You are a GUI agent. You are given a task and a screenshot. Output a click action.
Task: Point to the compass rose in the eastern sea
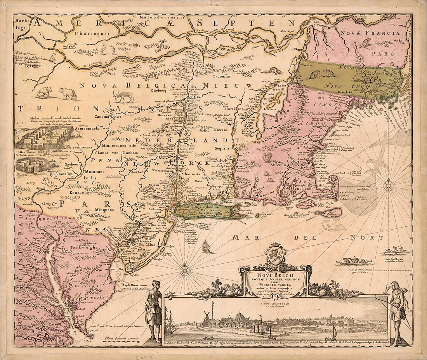388,186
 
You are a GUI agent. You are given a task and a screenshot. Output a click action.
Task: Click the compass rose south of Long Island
185,269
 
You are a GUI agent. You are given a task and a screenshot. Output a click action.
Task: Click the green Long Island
206,211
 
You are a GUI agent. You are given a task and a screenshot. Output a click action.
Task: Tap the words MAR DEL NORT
309,237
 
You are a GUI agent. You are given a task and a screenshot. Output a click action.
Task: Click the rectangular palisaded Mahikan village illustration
43,137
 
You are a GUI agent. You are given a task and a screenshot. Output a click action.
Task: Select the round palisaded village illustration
32,164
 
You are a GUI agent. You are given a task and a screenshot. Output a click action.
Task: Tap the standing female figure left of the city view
154,311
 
